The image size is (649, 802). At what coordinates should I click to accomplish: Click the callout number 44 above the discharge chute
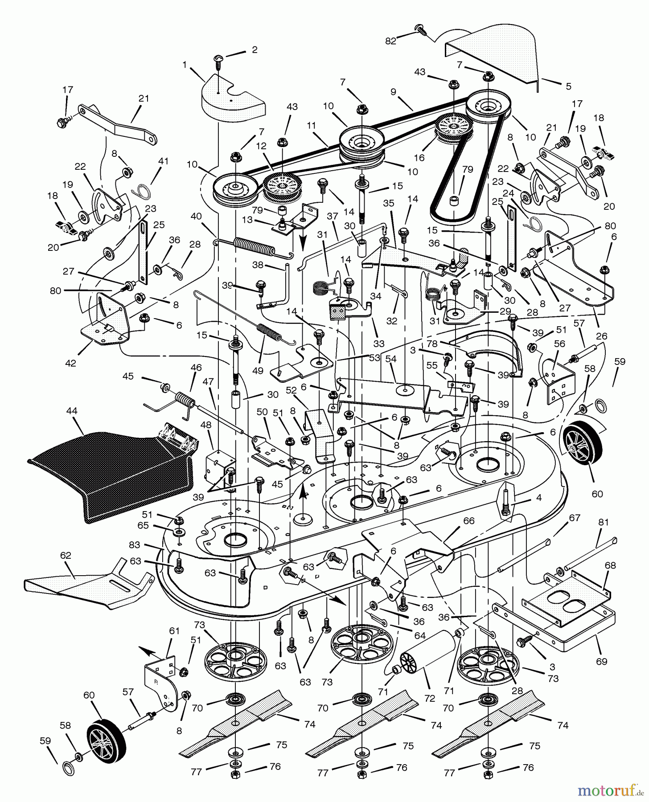click(x=71, y=411)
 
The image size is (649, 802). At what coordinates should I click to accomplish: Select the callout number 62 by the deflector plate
click(x=65, y=556)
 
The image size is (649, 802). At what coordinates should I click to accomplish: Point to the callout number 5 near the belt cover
click(x=568, y=86)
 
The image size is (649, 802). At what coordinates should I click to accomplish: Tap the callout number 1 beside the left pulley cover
click(x=185, y=65)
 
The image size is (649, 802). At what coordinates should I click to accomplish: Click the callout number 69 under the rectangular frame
click(x=601, y=662)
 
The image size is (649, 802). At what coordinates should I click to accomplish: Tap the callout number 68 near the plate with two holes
click(x=610, y=565)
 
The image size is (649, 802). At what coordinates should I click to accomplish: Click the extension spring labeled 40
click(x=253, y=246)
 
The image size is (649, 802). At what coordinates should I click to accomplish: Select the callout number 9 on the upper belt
click(x=393, y=92)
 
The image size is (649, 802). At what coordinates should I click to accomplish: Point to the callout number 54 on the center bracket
click(x=390, y=359)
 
